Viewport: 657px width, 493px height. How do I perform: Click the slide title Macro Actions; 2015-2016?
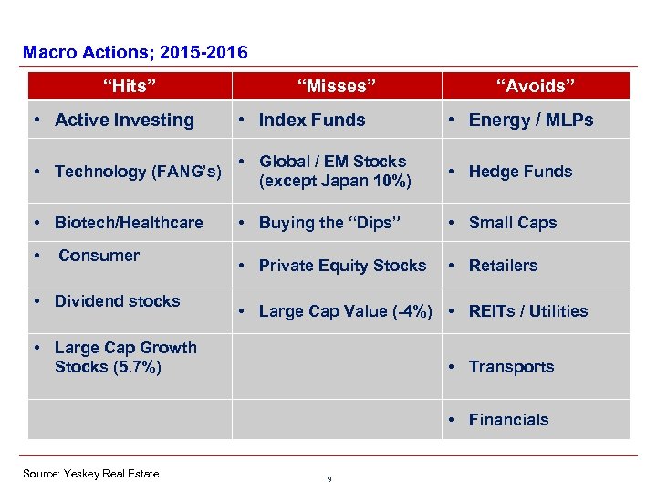[x=135, y=53]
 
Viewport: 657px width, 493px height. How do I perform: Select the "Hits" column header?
[x=130, y=86]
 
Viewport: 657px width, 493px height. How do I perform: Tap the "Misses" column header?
[x=336, y=86]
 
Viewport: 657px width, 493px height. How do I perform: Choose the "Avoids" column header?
[x=536, y=86]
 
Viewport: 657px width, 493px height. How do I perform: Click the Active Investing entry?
[x=124, y=120]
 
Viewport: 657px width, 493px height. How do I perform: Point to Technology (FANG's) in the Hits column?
[x=138, y=172]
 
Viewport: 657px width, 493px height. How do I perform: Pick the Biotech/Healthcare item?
[x=129, y=223]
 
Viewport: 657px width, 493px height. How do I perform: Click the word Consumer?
[x=99, y=256]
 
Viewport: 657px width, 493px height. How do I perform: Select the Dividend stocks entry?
[x=117, y=301]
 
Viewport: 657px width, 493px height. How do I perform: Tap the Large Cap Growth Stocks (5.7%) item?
[x=125, y=357]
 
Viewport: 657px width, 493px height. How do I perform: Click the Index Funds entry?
[x=311, y=120]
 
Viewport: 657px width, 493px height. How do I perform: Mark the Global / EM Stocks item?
[x=332, y=171]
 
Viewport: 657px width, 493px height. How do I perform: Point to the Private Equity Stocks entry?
[x=342, y=266]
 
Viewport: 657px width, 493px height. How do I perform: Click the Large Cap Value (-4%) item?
[x=345, y=311]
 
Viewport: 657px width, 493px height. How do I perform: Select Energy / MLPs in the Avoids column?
[x=530, y=120]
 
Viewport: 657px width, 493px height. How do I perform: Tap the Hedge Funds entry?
[x=520, y=172]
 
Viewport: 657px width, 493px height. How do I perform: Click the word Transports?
[x=511, y=367]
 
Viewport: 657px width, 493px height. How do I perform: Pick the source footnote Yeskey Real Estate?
[x=91, y=473]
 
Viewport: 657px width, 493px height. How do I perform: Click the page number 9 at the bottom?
[x=328, y=479]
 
